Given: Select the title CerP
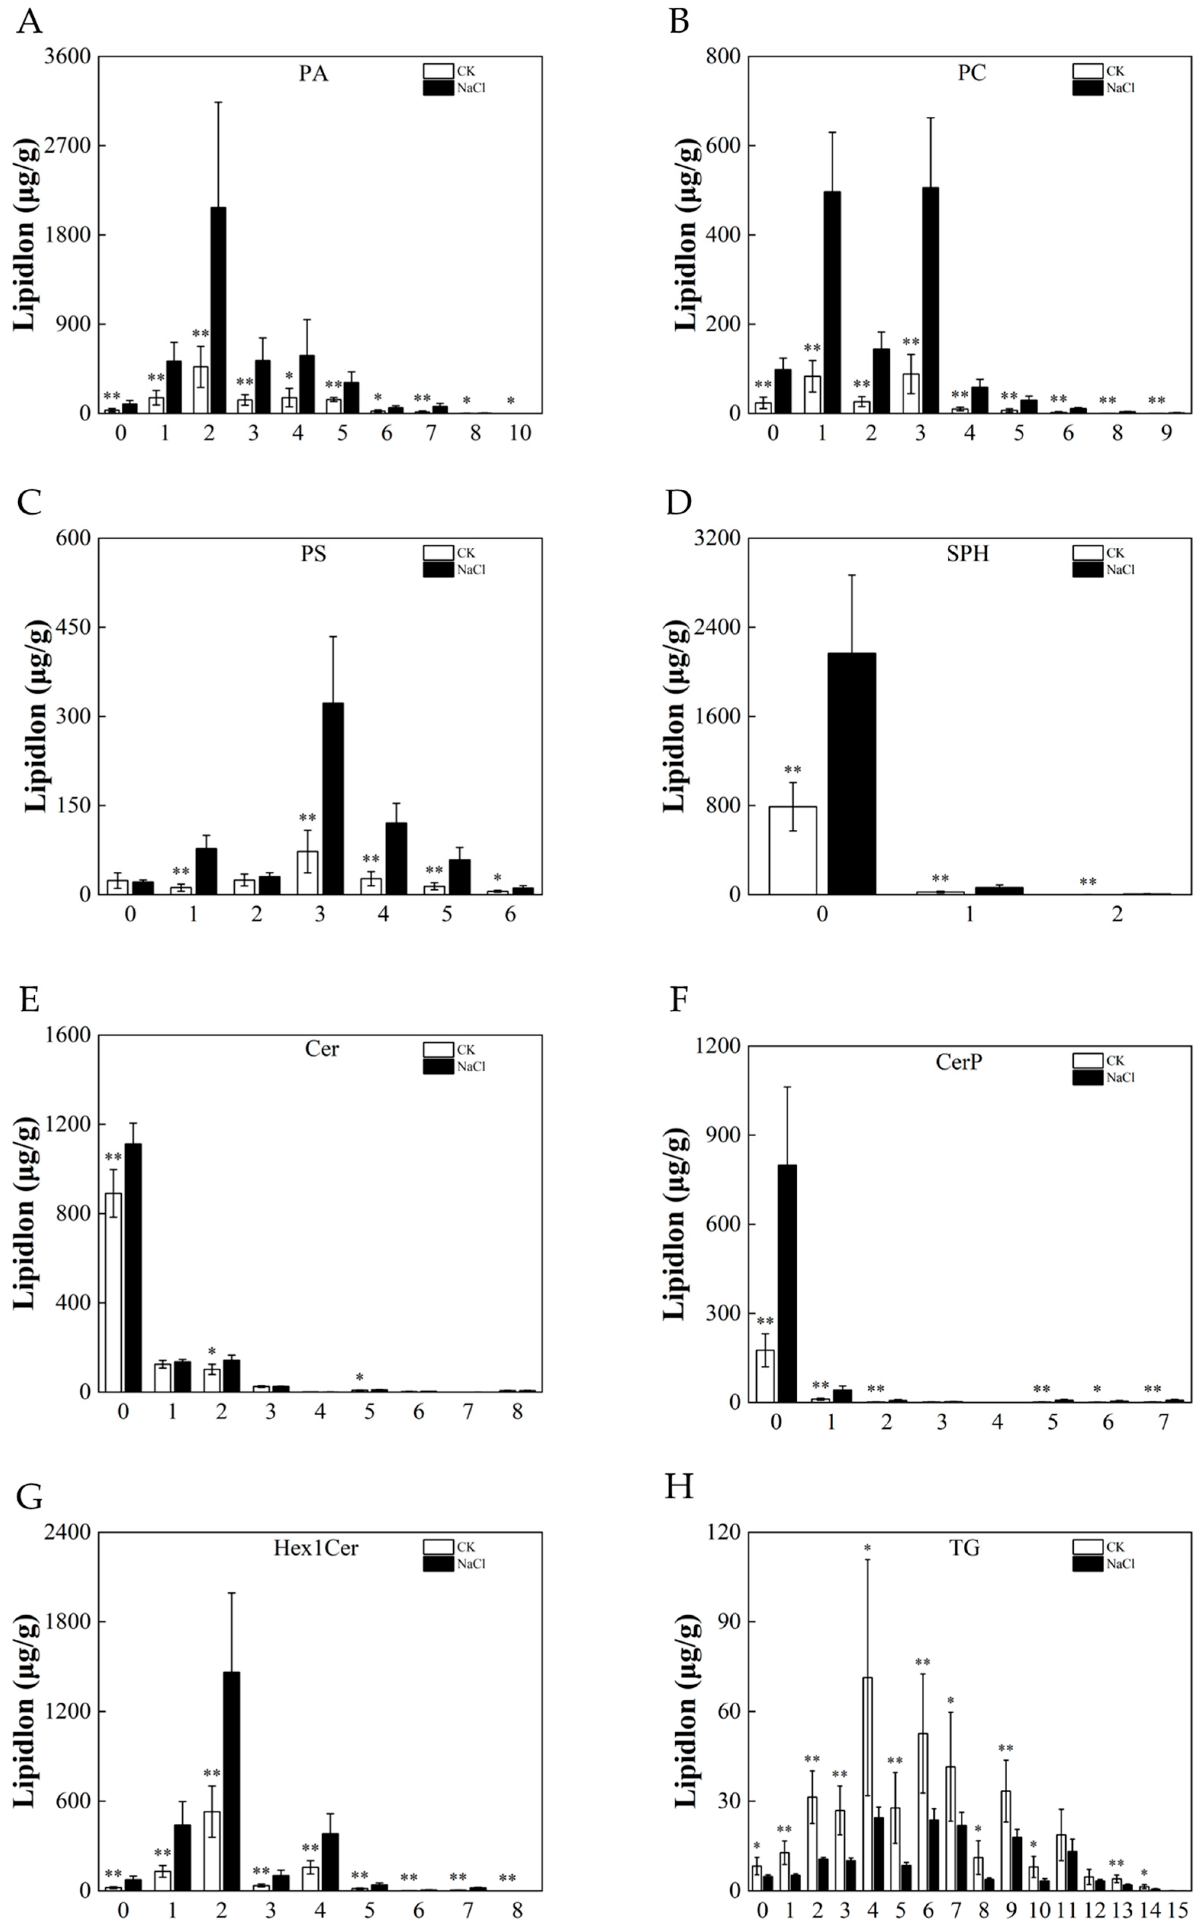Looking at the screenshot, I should click(x=959, y=1061).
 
